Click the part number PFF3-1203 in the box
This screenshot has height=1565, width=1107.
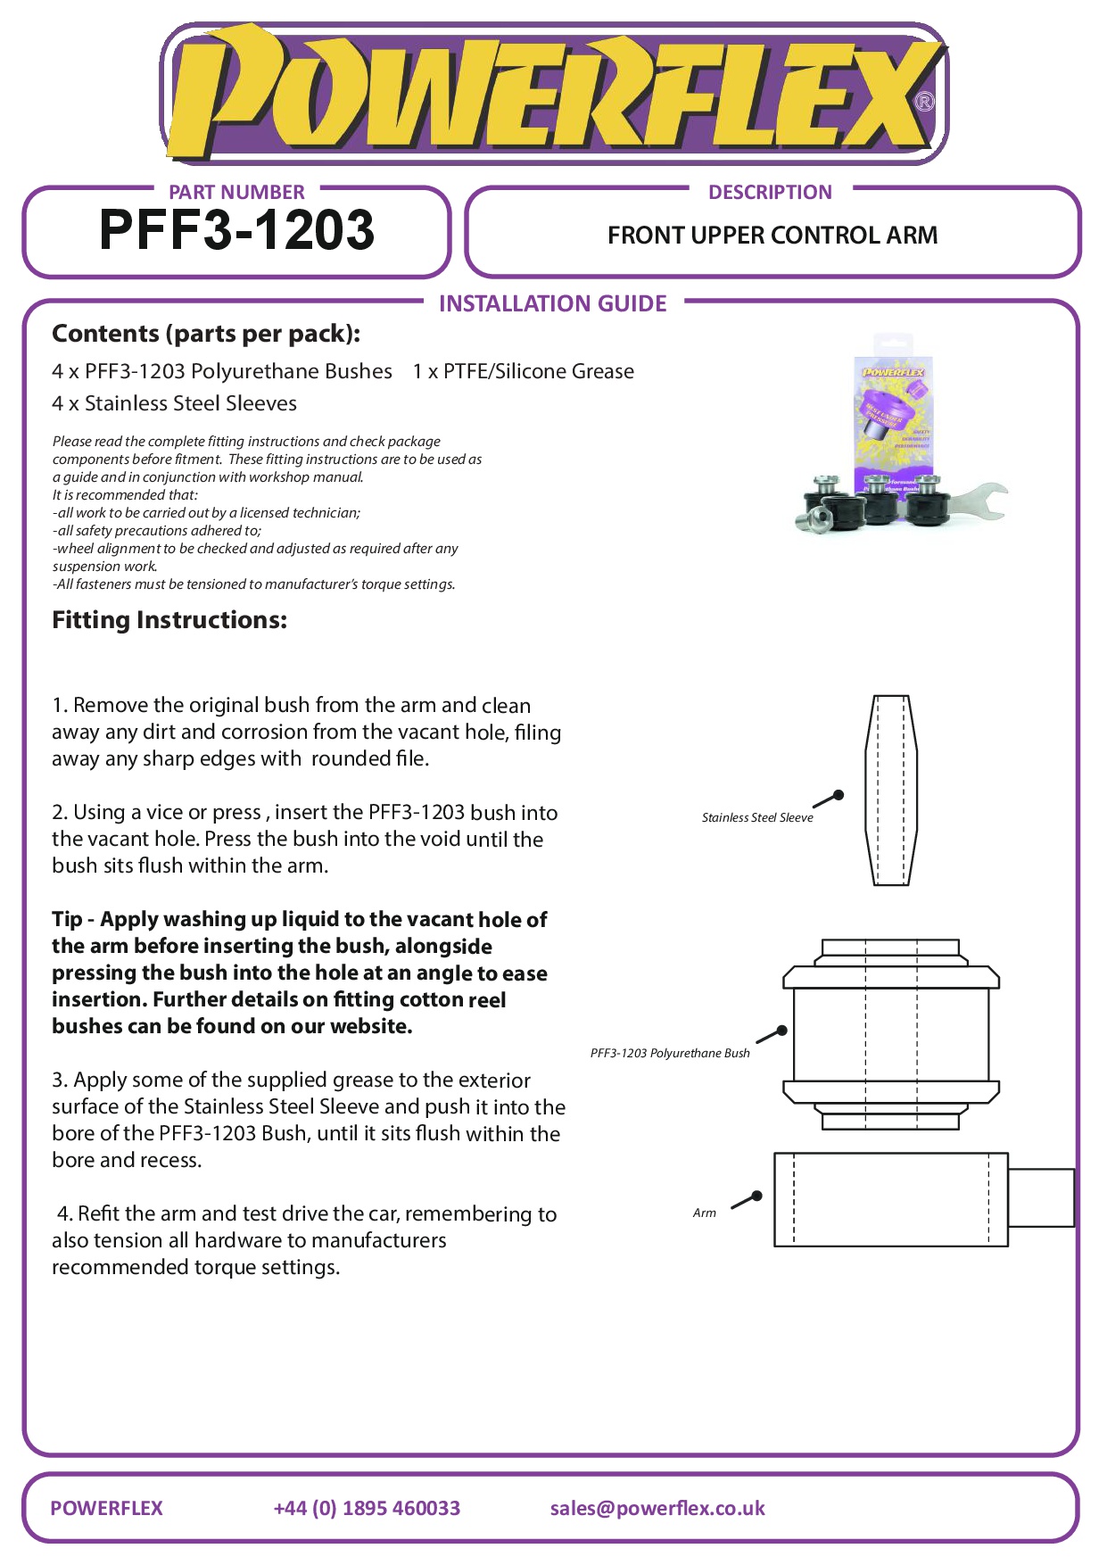236,230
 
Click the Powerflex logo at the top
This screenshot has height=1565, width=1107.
553,94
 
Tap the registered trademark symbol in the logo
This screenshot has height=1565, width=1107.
925,102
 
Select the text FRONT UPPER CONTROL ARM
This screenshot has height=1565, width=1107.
772,236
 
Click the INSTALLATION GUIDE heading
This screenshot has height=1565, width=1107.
552,303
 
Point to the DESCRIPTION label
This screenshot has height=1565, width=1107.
770,192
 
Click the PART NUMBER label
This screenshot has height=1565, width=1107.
236,192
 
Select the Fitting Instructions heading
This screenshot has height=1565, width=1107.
169,620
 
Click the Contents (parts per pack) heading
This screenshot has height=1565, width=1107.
206,334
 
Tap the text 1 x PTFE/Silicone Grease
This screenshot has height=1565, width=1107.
523,371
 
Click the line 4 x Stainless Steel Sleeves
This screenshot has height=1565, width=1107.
174,403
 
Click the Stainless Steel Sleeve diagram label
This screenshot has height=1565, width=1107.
757,817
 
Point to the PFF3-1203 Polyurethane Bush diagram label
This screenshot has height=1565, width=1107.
670,1053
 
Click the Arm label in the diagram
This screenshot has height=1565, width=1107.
705,1213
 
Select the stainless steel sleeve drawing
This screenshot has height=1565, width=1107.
891,790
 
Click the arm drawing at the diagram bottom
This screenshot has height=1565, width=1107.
892,1198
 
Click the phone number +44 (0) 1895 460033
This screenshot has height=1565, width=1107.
367,1508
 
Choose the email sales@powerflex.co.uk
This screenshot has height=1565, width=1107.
657,1508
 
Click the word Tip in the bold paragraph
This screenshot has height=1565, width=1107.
67,919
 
